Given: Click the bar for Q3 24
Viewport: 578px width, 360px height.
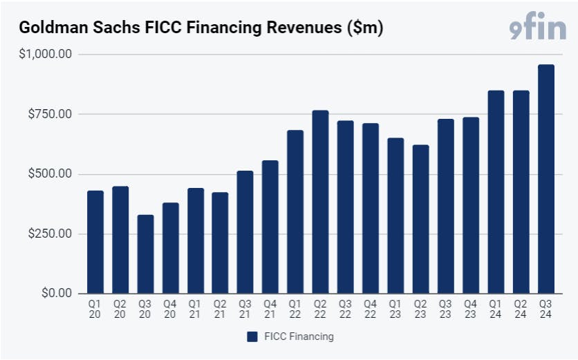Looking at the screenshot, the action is coord(546,179).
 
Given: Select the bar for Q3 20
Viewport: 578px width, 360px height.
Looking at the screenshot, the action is coord(145,254).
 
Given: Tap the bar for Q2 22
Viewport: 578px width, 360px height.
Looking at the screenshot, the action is coord(320,202).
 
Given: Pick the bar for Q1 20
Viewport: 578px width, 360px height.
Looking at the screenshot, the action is coord(95,242).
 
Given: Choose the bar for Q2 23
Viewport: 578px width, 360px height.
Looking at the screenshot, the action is coord(420,219).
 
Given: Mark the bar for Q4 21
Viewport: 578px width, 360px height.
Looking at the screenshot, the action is coord(270,227).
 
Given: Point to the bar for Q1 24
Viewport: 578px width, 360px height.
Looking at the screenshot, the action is coord(496,192).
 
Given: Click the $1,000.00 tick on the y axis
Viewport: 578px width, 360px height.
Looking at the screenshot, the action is coord(46,54).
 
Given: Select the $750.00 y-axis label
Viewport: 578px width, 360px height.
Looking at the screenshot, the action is coord(50,114).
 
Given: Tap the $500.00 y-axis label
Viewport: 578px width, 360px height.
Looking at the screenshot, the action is coord(50,173).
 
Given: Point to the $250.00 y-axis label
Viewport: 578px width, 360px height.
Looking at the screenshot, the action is coord(50,234).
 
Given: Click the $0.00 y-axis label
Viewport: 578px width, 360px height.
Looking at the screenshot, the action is coord(57,293).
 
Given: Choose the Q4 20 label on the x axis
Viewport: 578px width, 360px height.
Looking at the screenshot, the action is coord(170,309).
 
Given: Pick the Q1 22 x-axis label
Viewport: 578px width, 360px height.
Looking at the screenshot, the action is coord(295,309).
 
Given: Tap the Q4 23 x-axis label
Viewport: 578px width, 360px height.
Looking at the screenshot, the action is coord(470,309).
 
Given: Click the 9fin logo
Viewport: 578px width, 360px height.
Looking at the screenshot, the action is coord(537,26).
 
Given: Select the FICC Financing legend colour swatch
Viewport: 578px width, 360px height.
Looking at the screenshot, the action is coord(252,337).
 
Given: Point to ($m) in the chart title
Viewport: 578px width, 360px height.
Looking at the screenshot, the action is coord(364,28).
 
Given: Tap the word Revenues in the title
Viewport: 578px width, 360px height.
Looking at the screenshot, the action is coord(304,28).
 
